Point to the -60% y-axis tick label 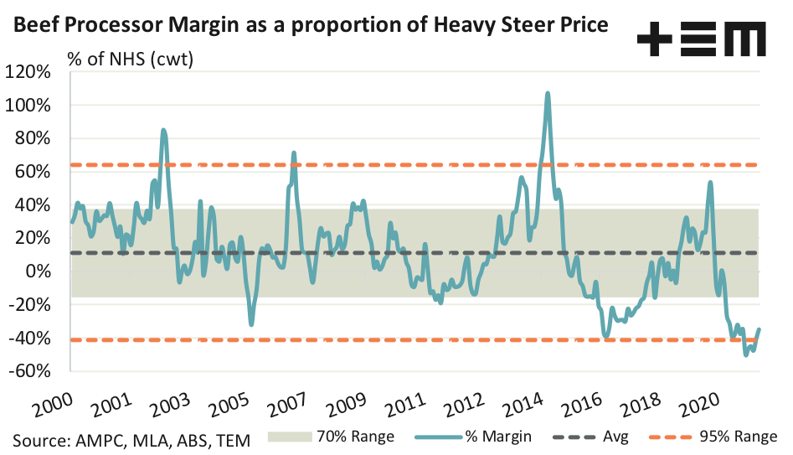tap(31, 371)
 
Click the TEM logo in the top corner tap(702, 39)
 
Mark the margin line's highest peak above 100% tap(548, 93)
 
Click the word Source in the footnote tap(39, 438)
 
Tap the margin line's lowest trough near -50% tap(745, 355)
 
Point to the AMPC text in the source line tap(99, 438)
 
